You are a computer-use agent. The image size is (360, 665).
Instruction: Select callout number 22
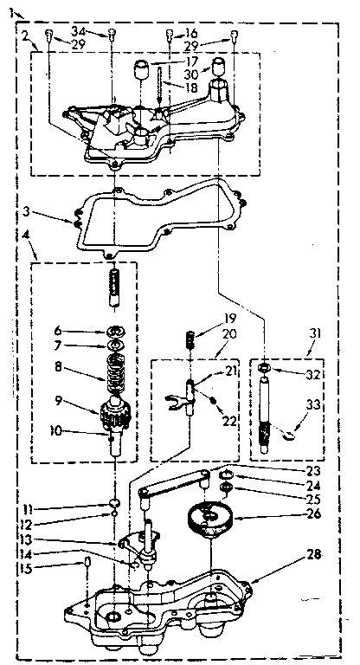pos(229,422)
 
